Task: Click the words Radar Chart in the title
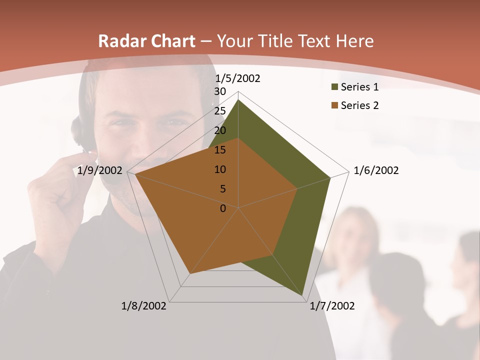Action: coord(147,41)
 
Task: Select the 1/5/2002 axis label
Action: coord(237,78)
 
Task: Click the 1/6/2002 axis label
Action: coord(376,170)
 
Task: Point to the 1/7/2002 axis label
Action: coord(332,306)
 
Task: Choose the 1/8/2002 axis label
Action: coord(144,306)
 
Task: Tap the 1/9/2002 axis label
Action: coord(100,170)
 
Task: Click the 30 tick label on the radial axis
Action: coord(220,91)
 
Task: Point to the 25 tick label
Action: coord(220,111)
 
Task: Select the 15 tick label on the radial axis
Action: coord(220,150)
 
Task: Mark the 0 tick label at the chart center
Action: coord(223,208)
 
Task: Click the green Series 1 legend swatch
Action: coord(334,87)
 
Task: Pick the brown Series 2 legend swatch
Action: coord(334,105)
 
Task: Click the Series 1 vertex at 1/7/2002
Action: coord(303,296)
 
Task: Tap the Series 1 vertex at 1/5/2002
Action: coord(238,100)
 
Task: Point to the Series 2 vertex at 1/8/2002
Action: coord(189,273)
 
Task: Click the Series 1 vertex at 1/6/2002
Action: coord(330,177)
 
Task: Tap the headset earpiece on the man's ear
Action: coord(80,131)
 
